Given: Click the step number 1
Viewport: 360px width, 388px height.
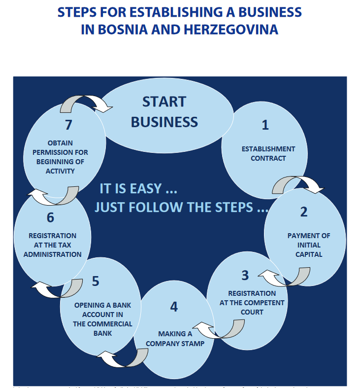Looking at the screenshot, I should (265, 125).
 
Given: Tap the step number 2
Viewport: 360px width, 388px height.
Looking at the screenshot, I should (303, 212).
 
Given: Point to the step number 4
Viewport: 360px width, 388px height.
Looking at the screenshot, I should (174, 307).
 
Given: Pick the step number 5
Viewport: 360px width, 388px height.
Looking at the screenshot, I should (96, 281).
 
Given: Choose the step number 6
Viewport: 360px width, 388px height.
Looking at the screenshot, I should (50, 217).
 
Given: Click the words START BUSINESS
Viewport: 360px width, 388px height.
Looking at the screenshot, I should (164, 111).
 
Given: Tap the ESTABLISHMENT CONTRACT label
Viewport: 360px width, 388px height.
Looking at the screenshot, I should (268, 153).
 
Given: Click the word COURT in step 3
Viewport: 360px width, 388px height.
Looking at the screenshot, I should (252, 312).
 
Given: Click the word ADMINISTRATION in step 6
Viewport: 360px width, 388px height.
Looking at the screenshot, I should (53, 254).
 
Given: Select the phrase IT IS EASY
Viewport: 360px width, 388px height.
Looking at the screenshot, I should (138, 189).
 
